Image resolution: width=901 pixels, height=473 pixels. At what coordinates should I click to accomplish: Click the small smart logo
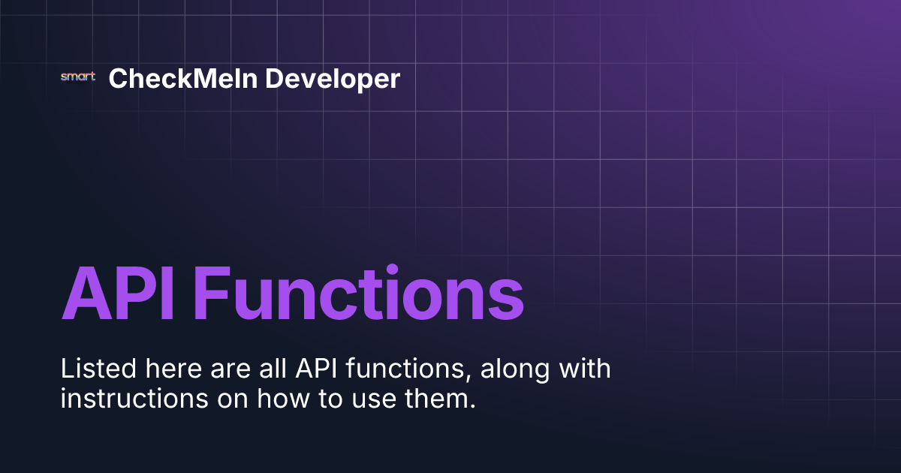pyautogui.click(x=77, y=77)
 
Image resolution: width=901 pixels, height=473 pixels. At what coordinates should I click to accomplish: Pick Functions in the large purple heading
pyautogui.click(x=358, y=293)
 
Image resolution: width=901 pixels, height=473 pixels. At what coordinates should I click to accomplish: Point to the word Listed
pyautogui.click(x=92, y=369)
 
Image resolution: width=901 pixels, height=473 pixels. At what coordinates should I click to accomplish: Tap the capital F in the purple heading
pyautogui.click(x=210, y=293)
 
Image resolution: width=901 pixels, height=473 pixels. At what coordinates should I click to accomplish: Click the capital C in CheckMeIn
pyautogui.click(x=118, y=78)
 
